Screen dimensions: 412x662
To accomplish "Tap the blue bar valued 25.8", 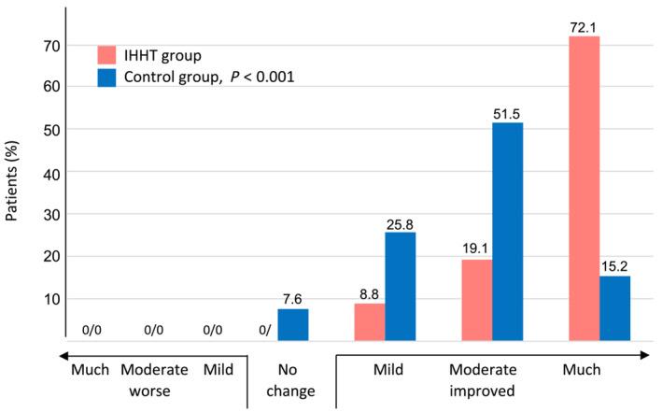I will click(x=400, y=285).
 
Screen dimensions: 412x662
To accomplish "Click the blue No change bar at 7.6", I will click(x=292, y=323).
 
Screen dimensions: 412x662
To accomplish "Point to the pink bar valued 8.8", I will click(x=369, y=320).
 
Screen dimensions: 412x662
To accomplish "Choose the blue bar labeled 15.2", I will click(x=615, y=307).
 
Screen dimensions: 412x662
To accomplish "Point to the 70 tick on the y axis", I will click(x=52, y=45).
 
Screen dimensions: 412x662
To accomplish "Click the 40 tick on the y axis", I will click(x=52, y=173).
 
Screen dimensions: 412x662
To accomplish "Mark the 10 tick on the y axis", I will click(x=52, y=299).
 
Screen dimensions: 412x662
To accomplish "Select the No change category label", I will click(x=291, y=381).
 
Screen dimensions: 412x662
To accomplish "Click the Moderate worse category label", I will click(x=156, y=381).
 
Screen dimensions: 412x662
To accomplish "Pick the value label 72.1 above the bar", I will click(x=585, y=28).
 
